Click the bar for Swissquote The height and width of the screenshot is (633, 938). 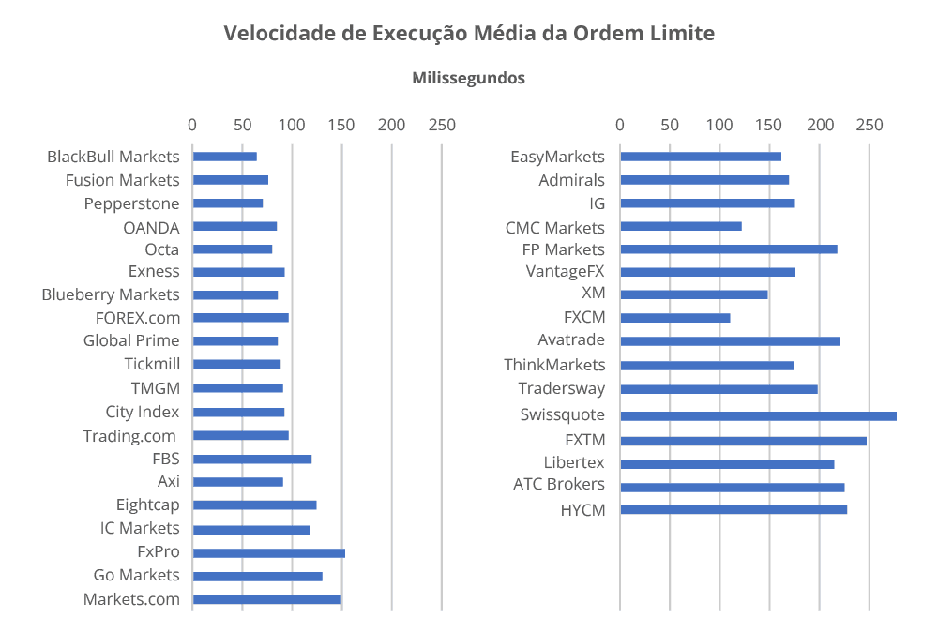[758, 415]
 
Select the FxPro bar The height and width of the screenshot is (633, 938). [268, 552]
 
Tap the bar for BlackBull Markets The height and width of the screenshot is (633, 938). [224, 157]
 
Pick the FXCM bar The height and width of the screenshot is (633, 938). [674, 318]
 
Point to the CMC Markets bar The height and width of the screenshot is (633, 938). [680, 226]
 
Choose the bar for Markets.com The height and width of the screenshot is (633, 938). [266, 599]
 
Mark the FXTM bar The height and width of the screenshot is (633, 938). [743, 440]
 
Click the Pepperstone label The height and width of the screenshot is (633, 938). [131, 203]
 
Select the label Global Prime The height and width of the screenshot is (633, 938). [131, 340]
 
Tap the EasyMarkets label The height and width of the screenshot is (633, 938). [557, 157]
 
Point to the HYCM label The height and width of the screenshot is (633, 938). [582, 510]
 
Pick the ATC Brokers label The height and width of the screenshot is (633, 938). [559, 485]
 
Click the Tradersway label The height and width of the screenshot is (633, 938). [561, 388]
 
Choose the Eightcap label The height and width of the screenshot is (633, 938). [147, 505]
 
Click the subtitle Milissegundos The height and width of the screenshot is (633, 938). [468, 78]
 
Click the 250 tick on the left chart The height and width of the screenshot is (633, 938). [442, 125]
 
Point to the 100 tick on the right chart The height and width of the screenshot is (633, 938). [719, 125]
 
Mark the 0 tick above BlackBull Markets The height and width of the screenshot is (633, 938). [192, 125]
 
